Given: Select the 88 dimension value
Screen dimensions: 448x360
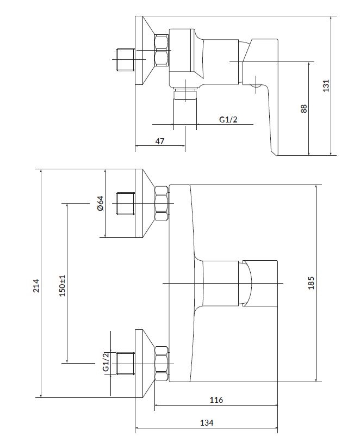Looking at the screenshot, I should coord(304,109).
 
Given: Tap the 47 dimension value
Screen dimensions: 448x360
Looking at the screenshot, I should coord(160,140).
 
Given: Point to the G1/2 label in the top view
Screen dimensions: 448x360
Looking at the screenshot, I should coord(228,119).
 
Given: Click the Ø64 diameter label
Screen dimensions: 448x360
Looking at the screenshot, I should coord(100,203).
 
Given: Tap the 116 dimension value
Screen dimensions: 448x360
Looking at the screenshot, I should coord(216,400).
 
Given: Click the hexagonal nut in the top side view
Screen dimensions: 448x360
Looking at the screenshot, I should coord(162,50).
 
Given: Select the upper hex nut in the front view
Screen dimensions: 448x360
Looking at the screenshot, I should coord(162,204).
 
